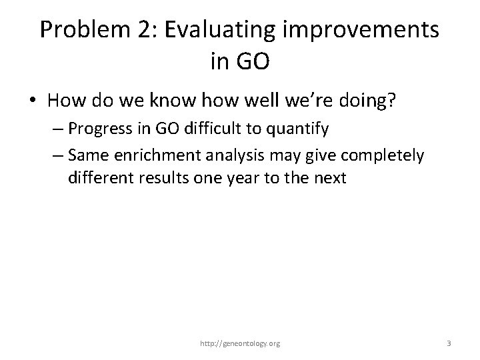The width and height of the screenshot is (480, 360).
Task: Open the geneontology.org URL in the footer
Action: pos(240,344)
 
